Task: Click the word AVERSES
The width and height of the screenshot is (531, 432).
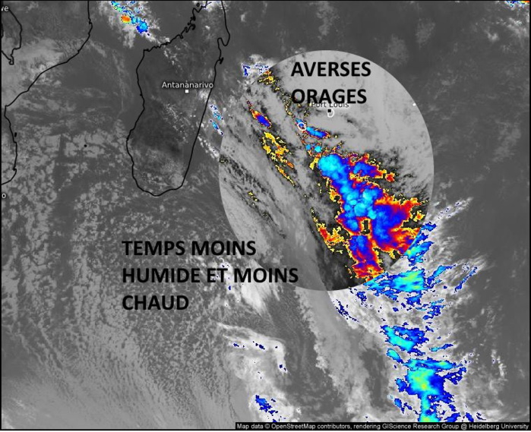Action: pos(330,70)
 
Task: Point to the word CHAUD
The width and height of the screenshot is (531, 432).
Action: pos(155,302)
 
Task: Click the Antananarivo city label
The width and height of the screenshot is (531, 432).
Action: pos(187,86)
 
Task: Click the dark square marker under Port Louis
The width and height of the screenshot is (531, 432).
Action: pos(332,113)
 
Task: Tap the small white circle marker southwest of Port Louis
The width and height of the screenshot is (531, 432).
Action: pos(301,125)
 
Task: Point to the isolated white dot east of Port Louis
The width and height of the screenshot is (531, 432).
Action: pos(414,103)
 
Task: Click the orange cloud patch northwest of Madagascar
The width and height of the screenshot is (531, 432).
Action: pos(125,18)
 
